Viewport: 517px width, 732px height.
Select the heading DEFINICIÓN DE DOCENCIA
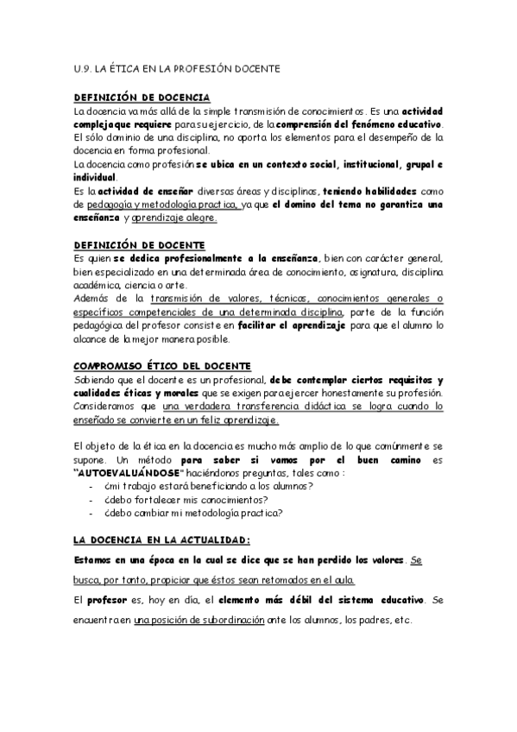(142, 98)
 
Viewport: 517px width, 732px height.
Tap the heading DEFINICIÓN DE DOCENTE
(139, 245)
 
